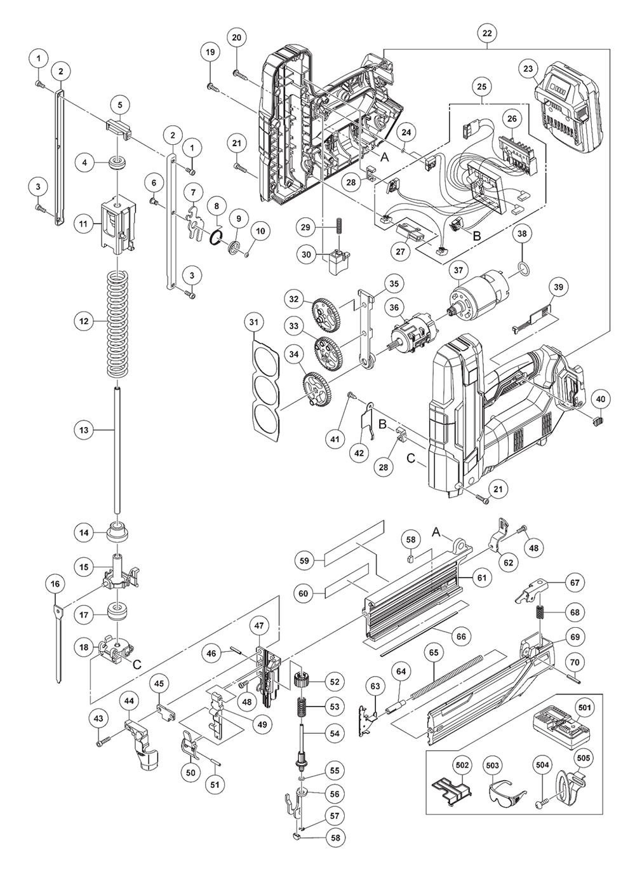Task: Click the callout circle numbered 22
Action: [487, 33]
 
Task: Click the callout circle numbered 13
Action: [84, 430]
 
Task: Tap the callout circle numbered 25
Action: [481, 86]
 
